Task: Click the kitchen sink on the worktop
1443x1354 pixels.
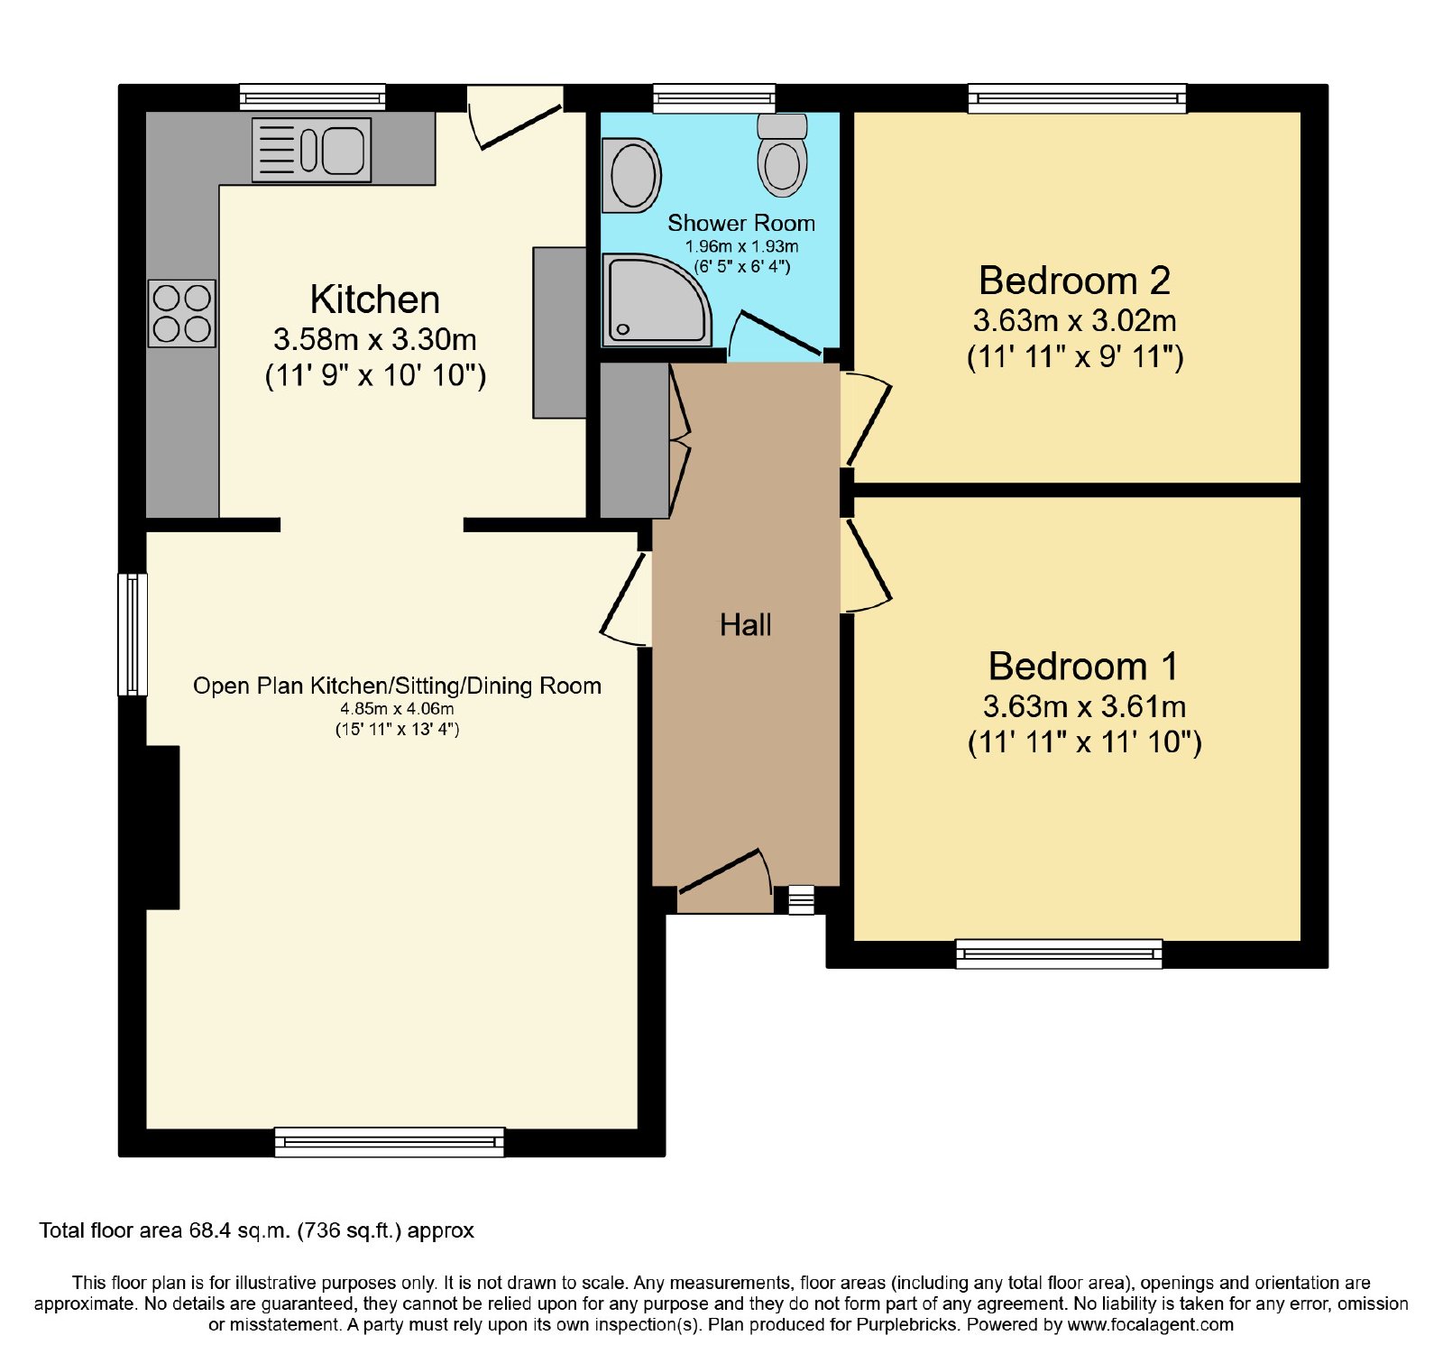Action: tap(311, 150)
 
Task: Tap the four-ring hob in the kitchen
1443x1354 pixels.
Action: tap(182, 313)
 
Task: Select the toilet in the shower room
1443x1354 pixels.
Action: tap(782, 154)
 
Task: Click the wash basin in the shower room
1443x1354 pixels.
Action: tap(631, 175)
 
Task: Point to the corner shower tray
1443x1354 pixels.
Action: tap(657, 300)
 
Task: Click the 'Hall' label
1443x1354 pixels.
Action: tap(745, 625)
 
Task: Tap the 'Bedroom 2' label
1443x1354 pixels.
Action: tap(1074, 281)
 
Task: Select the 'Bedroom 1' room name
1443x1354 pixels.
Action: tap(1083, 667)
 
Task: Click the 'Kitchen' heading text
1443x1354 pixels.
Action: tap(375, 299)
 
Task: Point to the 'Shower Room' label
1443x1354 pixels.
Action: tap(741, 223)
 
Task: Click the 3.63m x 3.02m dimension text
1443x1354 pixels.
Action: tap(1074, 320)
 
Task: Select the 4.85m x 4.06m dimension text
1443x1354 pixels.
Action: tap(398, 709)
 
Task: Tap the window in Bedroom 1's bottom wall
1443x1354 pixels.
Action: tap(1059, 954)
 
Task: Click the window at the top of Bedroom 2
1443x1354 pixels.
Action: tap(1078, 98)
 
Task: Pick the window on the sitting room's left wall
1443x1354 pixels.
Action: tap(133, 635)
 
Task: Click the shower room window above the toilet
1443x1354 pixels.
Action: tap(714, 98)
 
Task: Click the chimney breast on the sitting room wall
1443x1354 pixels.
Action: tap(162, 827)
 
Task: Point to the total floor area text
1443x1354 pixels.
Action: tap(256, 1230)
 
